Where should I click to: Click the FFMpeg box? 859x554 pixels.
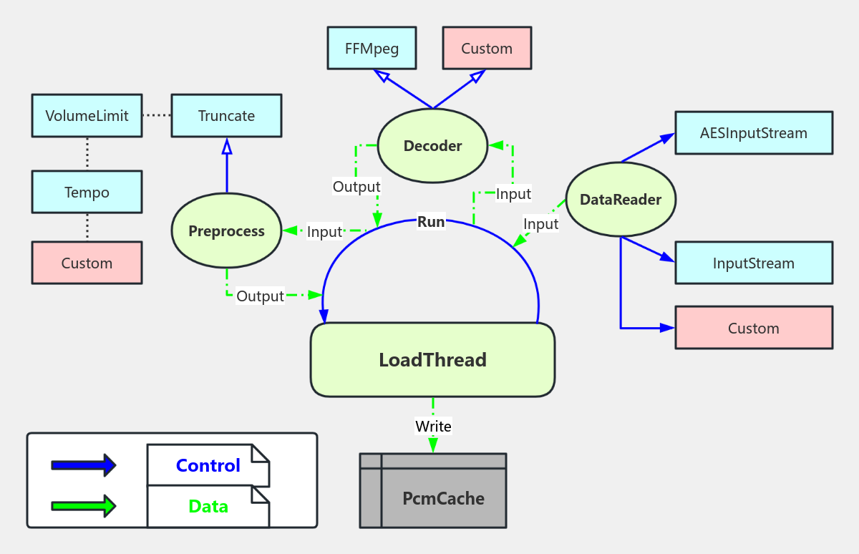tap(372, 49)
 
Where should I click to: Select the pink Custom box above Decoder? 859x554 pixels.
tap(487, 49)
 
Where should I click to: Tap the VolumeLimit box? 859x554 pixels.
tap(87, 116)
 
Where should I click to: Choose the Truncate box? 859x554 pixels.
tap(226, 116)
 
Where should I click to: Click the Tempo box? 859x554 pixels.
tap(87, 193)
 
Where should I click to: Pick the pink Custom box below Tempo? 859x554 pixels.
tap(87, 263)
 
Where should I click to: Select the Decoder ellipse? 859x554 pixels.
tap(432, 146)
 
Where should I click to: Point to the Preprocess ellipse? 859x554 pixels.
tap(226, 231)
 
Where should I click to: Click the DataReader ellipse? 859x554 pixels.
tap(620, 200)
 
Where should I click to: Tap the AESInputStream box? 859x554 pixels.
tap(753, 133)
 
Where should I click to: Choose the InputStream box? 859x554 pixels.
tap(753, 263)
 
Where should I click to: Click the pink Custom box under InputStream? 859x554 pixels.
tap(753, 329)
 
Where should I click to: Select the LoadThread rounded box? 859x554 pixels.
tap(432, 360)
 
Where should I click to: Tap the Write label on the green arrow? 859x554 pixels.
tap(433, 427)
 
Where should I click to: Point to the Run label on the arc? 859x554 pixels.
tap(431, 223)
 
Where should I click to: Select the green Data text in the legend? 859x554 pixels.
tap(208, 507)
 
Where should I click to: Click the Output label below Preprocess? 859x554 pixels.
tap(260, 296)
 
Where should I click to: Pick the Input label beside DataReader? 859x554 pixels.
tap(540, 224)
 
